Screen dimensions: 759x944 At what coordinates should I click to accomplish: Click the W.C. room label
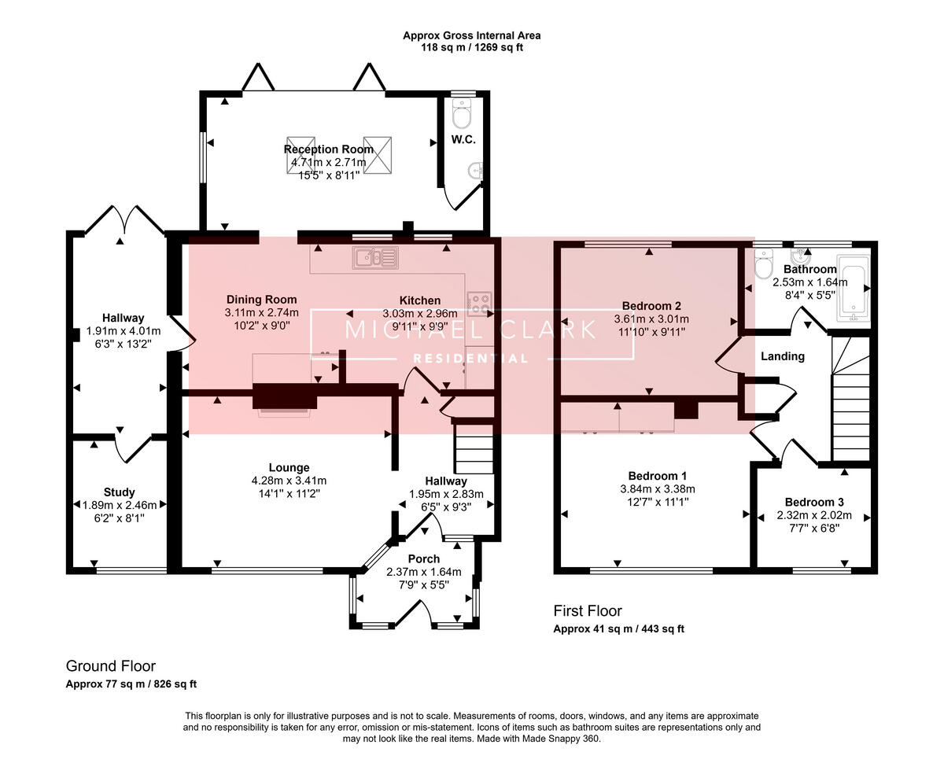461,140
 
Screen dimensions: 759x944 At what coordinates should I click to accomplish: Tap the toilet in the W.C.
461,116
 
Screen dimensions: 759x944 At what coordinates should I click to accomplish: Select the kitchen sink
376,256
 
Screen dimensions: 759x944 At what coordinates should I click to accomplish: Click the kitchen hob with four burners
479,303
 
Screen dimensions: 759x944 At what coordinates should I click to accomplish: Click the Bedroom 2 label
651,306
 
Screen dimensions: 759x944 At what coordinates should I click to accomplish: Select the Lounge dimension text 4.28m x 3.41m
289,481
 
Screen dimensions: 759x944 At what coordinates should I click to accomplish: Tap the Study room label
119,492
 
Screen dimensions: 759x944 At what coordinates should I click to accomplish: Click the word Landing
782,356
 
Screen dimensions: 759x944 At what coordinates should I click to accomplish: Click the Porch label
423,559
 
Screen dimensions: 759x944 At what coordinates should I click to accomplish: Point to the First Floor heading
587,611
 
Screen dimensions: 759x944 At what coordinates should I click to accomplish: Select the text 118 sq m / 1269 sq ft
471,47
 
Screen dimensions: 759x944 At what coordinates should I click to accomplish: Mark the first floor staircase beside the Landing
851,401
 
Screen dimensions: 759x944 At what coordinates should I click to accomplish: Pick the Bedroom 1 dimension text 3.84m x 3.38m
658,488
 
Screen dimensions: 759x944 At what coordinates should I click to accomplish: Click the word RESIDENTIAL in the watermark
470,359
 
